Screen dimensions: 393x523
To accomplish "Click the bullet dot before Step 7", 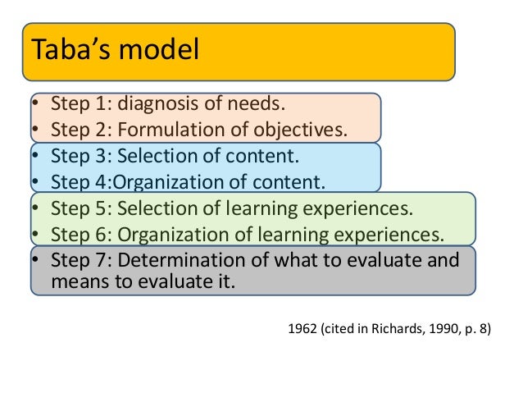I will point(35,260).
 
